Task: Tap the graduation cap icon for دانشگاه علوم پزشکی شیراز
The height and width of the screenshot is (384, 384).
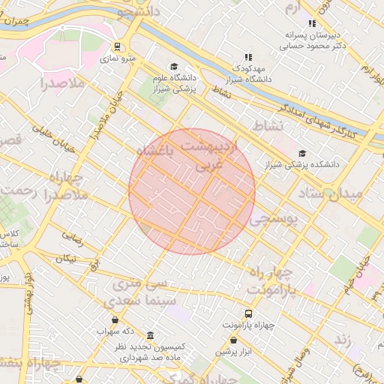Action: [x=174, y=67]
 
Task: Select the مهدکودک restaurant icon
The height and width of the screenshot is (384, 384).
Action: [x=248, y=56]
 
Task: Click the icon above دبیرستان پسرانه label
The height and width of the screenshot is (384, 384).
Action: [x=312, y=23]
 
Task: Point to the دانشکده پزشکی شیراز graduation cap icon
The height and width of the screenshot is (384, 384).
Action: [x=301, y=153]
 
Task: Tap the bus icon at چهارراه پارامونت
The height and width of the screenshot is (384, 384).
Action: [x=248, y=313]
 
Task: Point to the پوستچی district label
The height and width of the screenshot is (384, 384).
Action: [x=274, y=218]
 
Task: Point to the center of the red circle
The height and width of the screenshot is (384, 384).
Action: [x=192, y=191]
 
